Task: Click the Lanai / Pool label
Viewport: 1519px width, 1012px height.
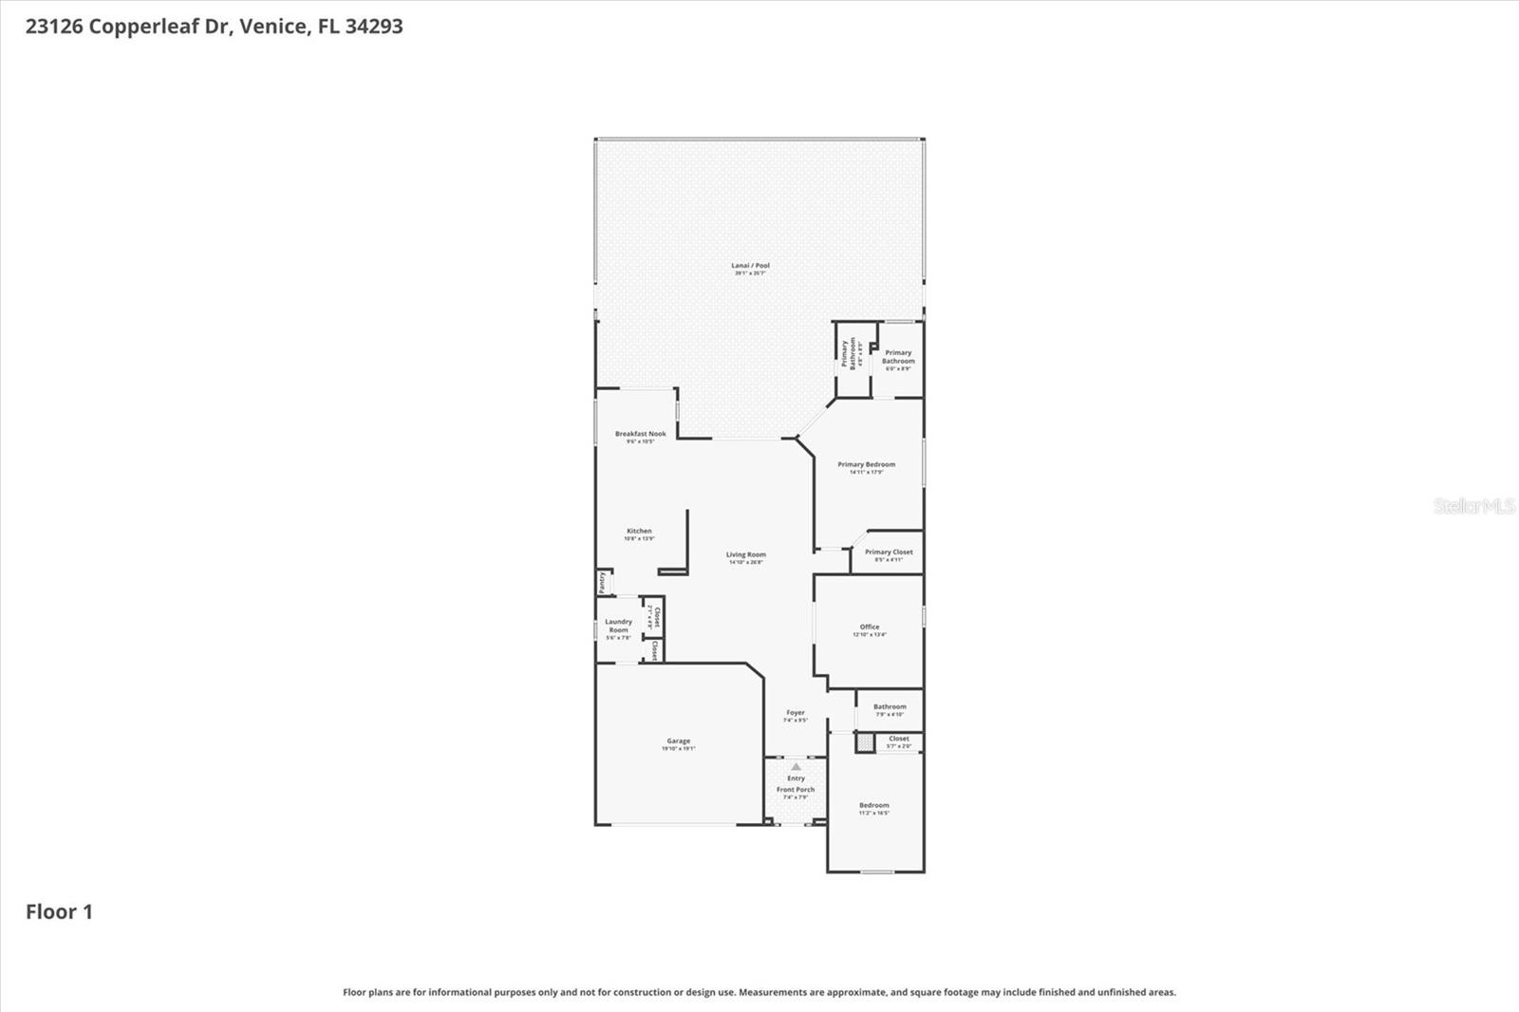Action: click(x=750, y=266)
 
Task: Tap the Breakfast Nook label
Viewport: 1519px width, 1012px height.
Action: click(x=640, y=434)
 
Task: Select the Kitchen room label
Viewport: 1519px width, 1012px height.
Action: click(x=639, y=532)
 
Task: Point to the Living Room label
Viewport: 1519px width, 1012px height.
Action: click(x=745, y=555)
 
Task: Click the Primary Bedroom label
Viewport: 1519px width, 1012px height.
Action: click(x=866, y=465)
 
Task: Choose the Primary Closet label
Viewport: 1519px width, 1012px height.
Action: click(x=889, y=553)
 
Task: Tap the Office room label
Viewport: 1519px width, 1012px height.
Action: click(x=870, y=628)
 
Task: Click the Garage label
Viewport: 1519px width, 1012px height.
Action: click(x=678, y=741)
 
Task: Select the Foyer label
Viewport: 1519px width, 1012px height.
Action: click(x=796, y=713)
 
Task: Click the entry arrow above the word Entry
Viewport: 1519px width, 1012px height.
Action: click(x=796, y=767)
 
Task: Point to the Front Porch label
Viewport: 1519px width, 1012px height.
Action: click(x=796, y=790)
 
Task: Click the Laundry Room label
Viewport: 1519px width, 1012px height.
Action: click(x=618, y=627)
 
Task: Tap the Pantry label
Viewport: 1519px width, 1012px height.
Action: click(x=602, y=581)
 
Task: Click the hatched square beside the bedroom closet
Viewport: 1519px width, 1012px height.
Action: click(x=865, y=743)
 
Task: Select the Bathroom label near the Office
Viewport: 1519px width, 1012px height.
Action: click(x=890, y=707)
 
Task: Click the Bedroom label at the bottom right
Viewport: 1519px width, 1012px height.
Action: click(x=873, y=806)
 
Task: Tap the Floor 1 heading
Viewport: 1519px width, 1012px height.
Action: click(x=59, y=912)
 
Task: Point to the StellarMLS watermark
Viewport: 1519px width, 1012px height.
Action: click(x=1473, y=506)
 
